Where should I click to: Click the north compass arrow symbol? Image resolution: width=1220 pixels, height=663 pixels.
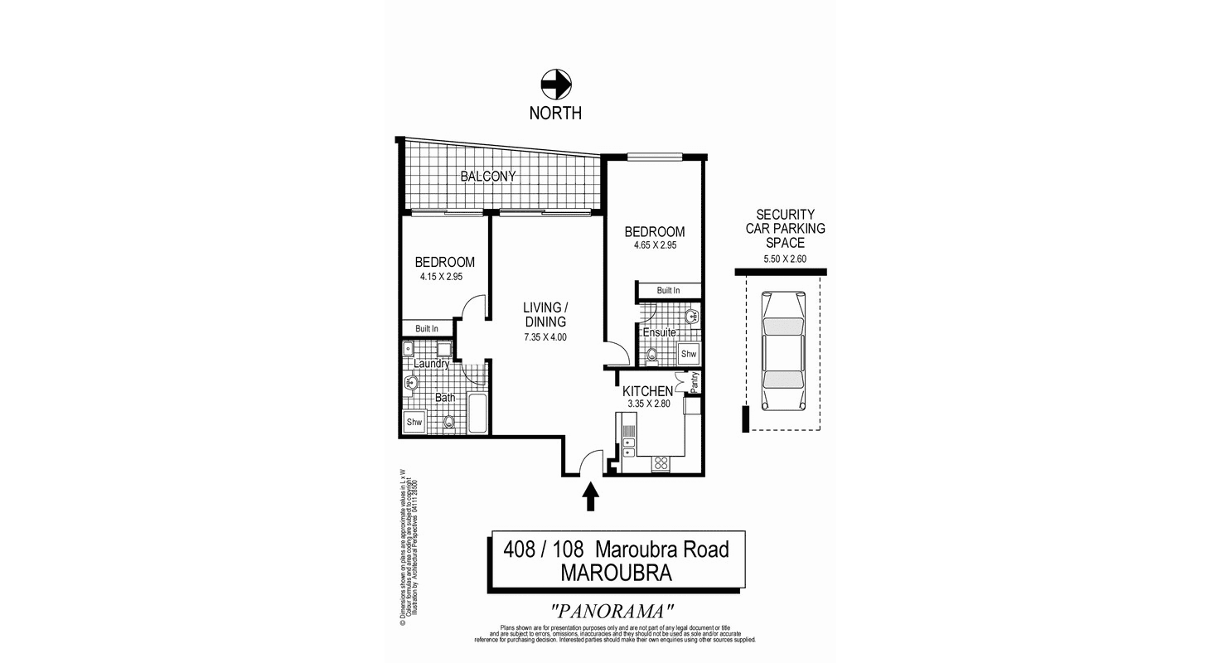[x=556, y=84]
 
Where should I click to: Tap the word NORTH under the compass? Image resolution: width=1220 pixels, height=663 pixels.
[x=556, y=113]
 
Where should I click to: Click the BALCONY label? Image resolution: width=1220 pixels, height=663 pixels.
[x=488, y=177]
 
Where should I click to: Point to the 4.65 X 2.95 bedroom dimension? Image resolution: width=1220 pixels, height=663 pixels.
[x=655, y=245]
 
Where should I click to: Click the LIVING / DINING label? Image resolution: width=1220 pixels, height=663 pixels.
[x=545, y=314]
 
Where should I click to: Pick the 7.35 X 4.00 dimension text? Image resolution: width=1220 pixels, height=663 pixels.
[x=545, y=337]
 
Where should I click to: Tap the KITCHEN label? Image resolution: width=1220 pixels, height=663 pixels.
[x=647, y=390]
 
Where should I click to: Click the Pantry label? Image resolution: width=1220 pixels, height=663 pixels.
[x=695, y=382]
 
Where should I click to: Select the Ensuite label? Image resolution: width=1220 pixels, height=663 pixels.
[x=660, y=333]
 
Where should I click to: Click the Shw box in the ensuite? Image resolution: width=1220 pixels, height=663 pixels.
[x=689, y=354]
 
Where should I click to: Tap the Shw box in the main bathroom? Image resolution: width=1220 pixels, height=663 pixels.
[x=414, y=422]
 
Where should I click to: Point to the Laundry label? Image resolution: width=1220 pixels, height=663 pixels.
[x=431, y=364]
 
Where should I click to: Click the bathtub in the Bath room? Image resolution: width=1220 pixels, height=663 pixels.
[x=477, y=413]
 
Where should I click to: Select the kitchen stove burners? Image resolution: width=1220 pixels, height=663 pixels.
[x=661, y=463]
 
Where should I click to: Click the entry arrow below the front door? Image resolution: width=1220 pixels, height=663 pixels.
[x=591, y=496]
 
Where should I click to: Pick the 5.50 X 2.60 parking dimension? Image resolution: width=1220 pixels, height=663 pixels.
[x=785, y=259]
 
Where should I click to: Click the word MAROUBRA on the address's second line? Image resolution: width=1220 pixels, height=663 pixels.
[x=615, y=572]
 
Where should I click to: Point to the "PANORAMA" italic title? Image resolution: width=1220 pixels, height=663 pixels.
[x=612, y=612]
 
